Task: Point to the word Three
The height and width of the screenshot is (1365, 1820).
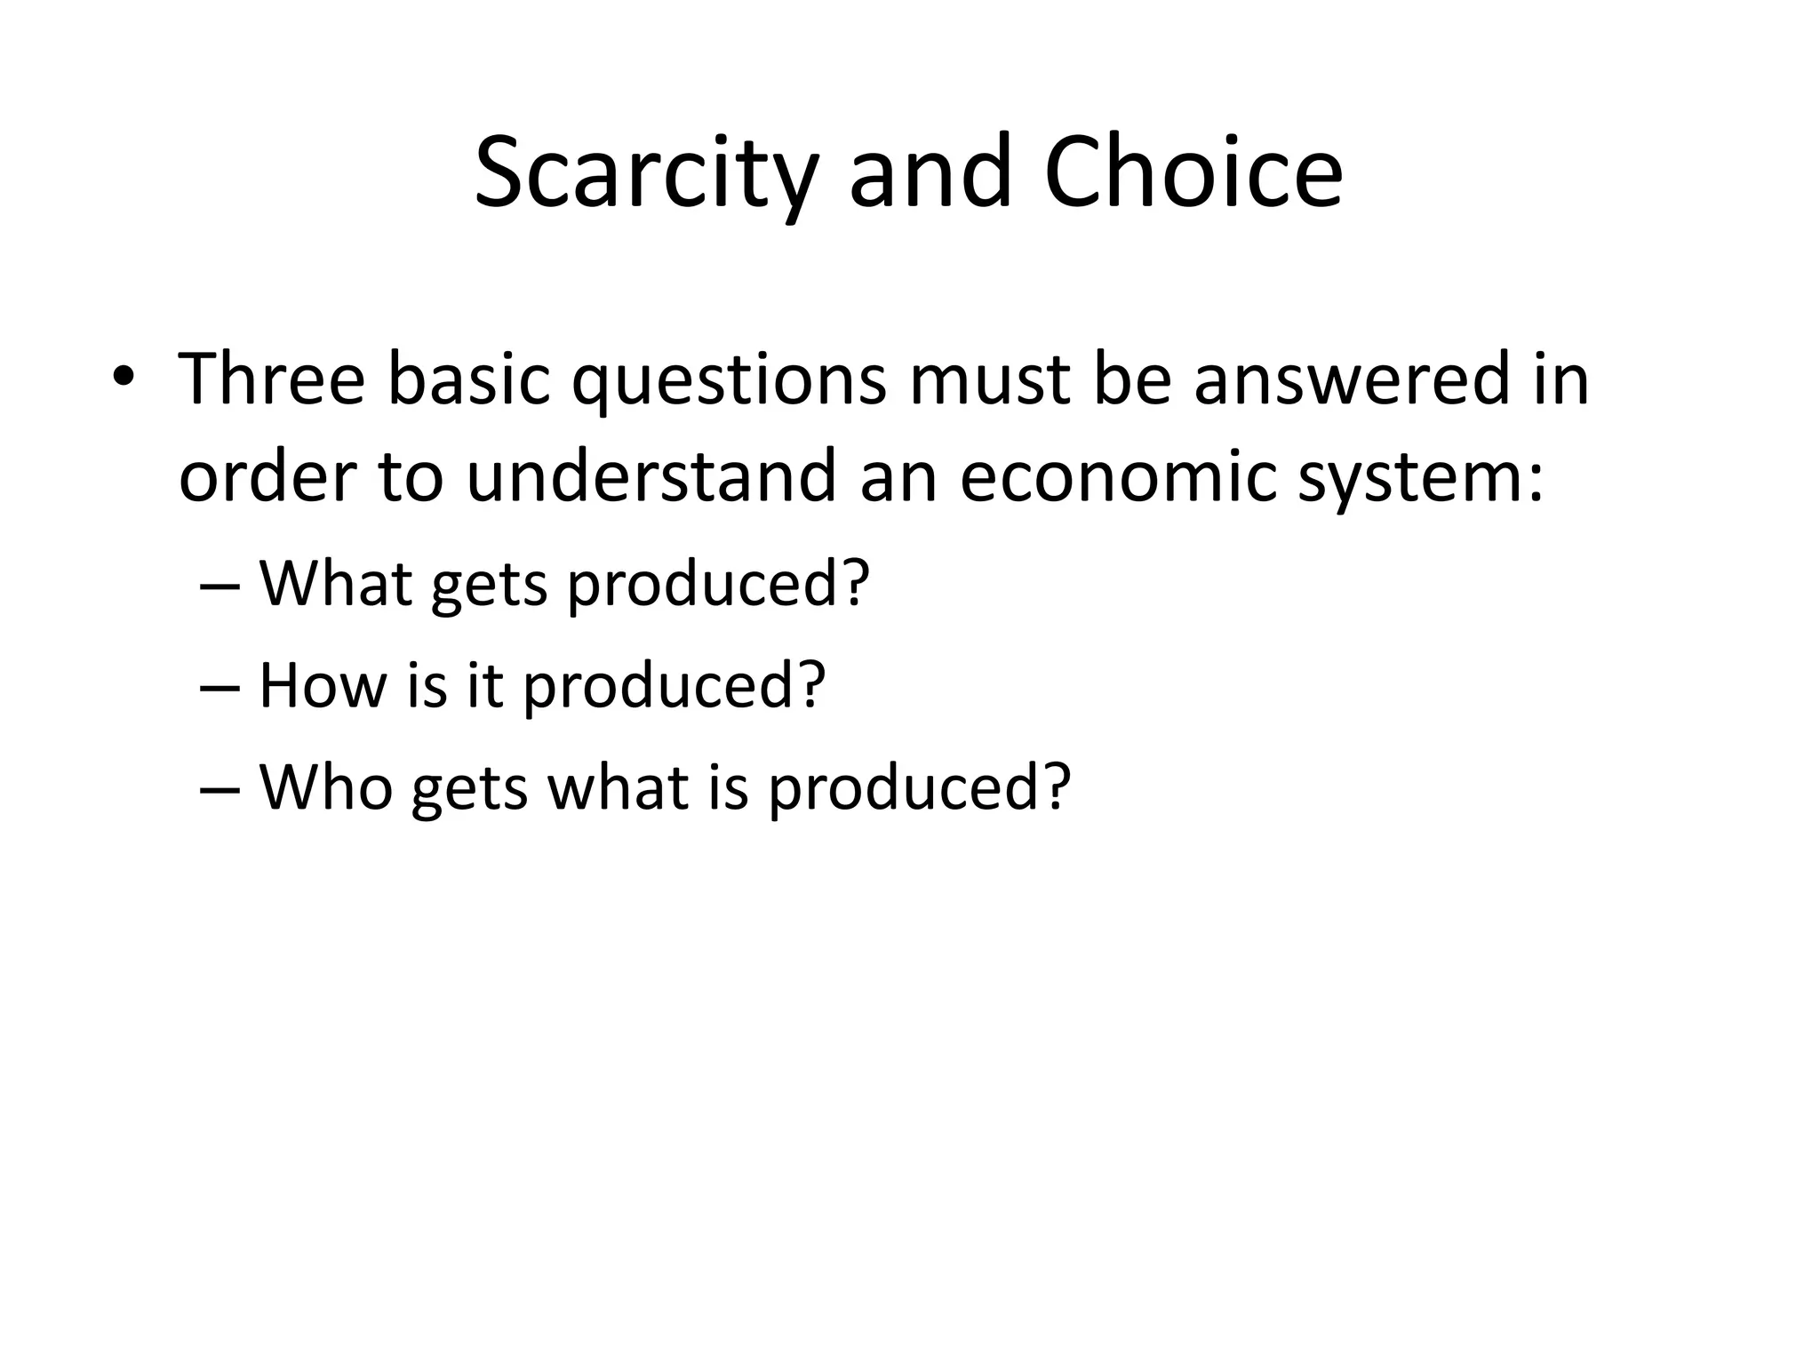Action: coord(272,379)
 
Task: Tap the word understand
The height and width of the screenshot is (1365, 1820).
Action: coord(651,477)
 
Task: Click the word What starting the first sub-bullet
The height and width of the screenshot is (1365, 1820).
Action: coord(336,583)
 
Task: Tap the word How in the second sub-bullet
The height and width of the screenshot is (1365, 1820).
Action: coord(323,685)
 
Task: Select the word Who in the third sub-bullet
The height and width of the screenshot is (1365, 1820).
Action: coord(326,787)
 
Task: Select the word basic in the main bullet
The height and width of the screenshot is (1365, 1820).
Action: coord(469,379)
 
